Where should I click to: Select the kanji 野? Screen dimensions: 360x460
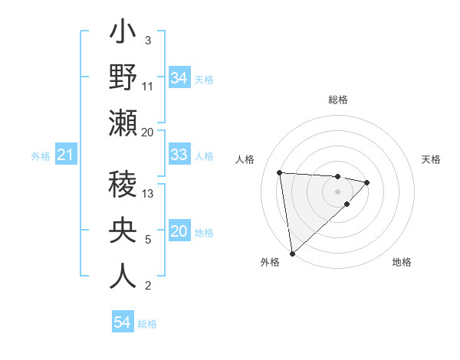[x=123, y=79]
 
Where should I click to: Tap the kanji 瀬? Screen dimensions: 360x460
[x=123, y=123]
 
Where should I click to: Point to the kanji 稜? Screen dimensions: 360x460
[x=123, y=186]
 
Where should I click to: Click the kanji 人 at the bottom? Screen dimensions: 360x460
[x=123, y=275]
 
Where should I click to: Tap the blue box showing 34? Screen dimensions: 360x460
[x=179, y=78]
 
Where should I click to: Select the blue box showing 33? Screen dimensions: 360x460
[x=179, y=155]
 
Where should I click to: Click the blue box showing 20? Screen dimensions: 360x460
[x=179, y=232]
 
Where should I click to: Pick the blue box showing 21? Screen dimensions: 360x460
[x=65, y=155]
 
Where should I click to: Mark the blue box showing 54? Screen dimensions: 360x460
[x=123, y=322]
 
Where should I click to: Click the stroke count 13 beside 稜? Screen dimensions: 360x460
[x=149, y=195]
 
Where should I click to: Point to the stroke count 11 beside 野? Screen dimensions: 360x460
[x=149, y=87]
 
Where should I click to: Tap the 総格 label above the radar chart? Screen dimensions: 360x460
[x=338, y=100]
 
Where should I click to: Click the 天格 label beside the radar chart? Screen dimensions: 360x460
[x=431, y=159]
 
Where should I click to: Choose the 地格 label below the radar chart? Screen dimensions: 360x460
[x=402, y=262]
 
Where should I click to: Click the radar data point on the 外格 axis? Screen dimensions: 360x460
[x=292, y=253]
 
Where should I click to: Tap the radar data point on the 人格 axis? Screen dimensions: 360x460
[x=280, y=172]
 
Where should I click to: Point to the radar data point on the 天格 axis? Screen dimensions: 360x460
[x=367, y=182]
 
